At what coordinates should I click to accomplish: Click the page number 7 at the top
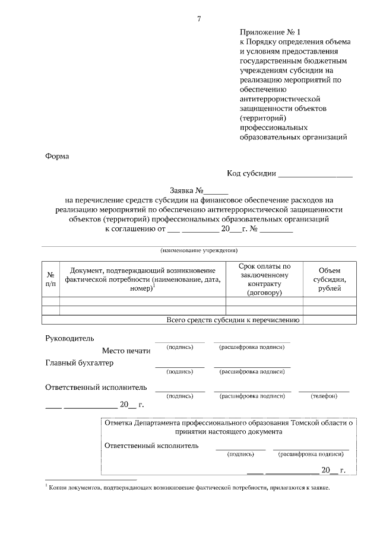click(199, 18)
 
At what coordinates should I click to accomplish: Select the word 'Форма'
click(57, 157)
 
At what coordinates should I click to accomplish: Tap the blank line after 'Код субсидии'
click(315, 174)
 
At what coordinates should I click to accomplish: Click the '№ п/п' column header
click(51, 279)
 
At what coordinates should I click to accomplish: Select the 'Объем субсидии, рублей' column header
click(330, 279)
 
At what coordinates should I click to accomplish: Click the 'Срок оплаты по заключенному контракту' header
click(265, 279)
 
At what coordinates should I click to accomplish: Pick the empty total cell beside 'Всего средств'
click(330, 320)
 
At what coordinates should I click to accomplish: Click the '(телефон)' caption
click(324, 396)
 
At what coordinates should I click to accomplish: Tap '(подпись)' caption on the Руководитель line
click(179, 347)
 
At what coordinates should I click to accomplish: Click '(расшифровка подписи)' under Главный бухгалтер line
click(252, 372)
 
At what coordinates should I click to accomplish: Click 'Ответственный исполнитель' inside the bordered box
click(151, 445)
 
